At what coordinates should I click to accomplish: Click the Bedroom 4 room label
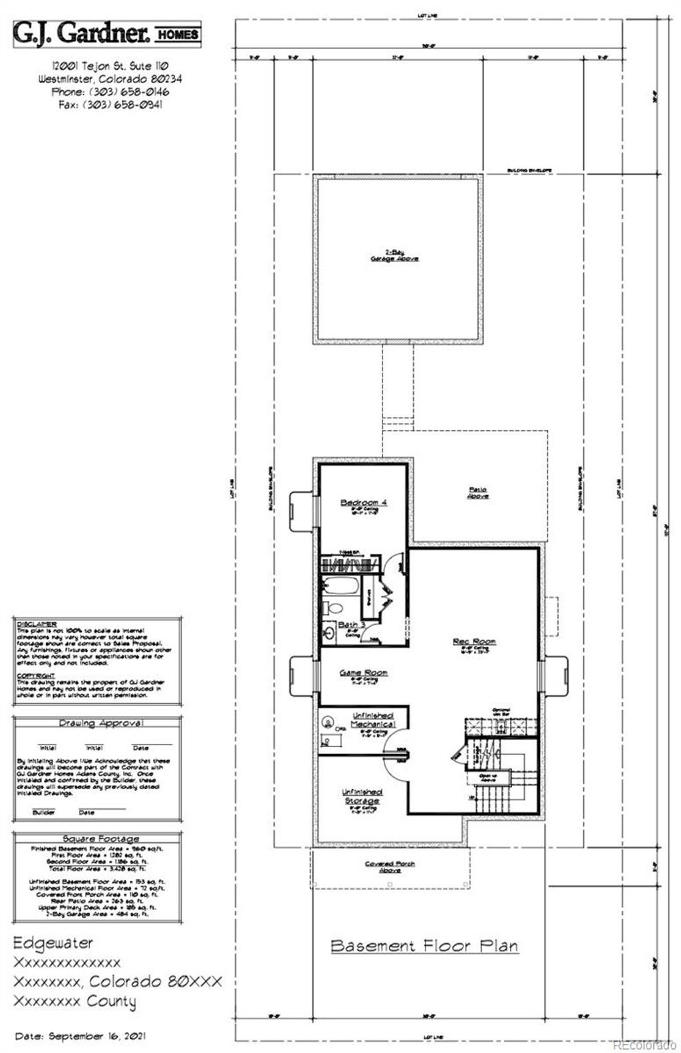pos(363,503)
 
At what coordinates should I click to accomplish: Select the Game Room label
pos(363,673)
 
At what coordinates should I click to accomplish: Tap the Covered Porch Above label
pos(390,866)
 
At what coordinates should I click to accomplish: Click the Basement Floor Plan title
pos(424,945)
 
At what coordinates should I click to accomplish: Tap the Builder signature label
pos(45,812)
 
